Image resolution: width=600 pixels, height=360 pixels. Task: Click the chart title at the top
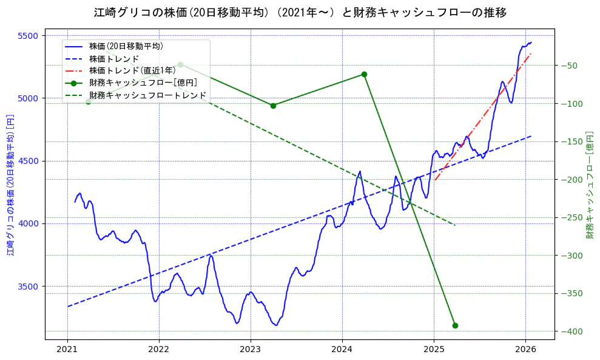pyautogui.click(x=300, y=12)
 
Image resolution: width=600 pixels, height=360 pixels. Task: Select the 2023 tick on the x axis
pyautogui.click(x=251, y=349)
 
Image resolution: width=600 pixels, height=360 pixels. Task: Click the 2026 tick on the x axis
pyautogui.click(x=525, y=349)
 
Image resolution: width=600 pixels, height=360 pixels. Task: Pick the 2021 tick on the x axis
pyautogui.click(x=67, y=349)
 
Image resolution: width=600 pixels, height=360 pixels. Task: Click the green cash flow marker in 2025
pyautogui.click(x=455, y=325)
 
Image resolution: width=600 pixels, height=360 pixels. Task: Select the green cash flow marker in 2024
pyautogui.click(x=364, y=74)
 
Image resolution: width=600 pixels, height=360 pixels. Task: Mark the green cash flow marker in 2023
pyautogui.click(x=273, y=106)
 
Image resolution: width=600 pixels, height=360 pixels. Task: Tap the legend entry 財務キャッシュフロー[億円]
pyautogui.click(x=143, y=83)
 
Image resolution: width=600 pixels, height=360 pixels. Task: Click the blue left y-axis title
pyautogui.click(x=10, y=185)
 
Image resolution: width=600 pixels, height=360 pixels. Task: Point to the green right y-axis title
pyautogui.click(x=589, y=185)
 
